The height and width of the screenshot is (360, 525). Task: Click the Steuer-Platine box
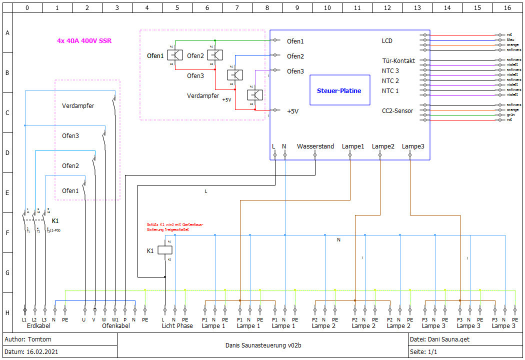pyautogui.click(x=339, y=90)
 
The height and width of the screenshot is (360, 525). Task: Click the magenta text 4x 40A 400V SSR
pyautogui.click(x=84, y=40)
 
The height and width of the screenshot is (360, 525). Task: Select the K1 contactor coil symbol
pyautogui.click(x=165, y=250)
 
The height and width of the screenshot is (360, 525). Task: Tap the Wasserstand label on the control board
pyautogui.click(x=315, y=146)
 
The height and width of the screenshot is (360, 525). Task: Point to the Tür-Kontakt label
pyautogui.click(x=398, y=61)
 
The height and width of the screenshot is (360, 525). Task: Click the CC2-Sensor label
pyautogui.click(x=397, y=111)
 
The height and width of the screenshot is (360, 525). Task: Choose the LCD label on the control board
pyautogui.click(x=387, y=41)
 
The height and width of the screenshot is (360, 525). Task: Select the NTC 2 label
pyautogui.click(x=390, y=81)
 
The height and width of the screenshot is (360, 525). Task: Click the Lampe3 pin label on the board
pyautogui.click(x=413, y=146)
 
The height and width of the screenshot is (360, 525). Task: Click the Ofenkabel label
pyautogui.click(x=115, y=326)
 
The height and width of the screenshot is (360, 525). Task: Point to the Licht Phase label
pyautogui.click(x=177, y=326)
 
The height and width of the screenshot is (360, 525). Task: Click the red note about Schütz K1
pyautogui.click(x=174, y=227)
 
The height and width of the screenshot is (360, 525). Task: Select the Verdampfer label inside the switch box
pyautogui.click(x=78, y=106)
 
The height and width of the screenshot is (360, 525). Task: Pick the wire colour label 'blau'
pyautogui.click(x=510, y=39)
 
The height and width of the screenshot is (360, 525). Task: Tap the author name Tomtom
pyautogui.click(x=40, y=339)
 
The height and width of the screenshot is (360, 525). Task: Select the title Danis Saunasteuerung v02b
pyautogui.click(x=263, y=345)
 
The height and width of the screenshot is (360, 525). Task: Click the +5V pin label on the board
pyautogui.click(x=292, y=111)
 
